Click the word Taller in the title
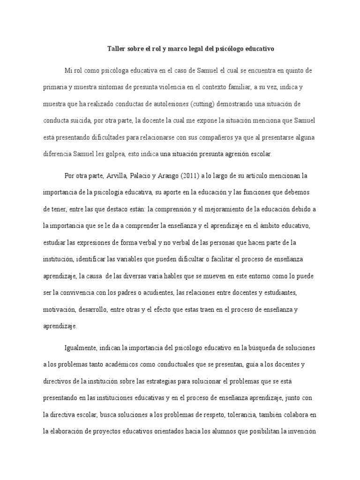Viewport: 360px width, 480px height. (x=117, y=48)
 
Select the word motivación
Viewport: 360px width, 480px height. (x=60, y=309)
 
